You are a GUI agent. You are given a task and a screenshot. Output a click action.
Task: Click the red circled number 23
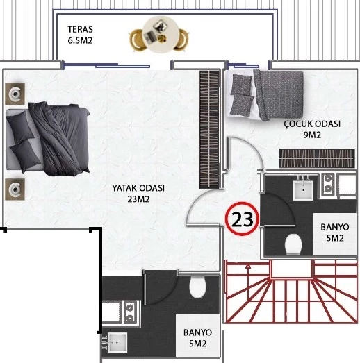coord(242,219)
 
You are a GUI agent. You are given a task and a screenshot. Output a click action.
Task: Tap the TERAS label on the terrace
coord(80,29)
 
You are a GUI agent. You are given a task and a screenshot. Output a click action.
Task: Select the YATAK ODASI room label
coord(138,188)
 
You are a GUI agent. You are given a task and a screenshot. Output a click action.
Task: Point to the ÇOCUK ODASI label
coord(312,124)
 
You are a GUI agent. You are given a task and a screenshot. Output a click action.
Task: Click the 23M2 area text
coord(138,199)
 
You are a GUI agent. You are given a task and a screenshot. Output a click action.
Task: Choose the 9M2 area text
coord(312,135)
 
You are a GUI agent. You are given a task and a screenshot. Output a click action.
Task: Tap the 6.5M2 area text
coord(80,40)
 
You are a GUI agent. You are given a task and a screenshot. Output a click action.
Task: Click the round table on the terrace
coord(161,34)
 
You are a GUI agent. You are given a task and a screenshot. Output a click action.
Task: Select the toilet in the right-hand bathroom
coord(293,244)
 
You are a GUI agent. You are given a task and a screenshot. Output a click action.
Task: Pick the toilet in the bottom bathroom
coord(198,287)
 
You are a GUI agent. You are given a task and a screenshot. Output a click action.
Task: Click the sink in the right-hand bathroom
coord(303,190)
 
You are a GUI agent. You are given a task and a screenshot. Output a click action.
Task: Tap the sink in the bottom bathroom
coord(117,342)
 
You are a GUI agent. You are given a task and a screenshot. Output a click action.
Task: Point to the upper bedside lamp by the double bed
coord(15,94)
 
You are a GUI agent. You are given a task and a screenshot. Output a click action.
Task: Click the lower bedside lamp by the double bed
coord(15,189)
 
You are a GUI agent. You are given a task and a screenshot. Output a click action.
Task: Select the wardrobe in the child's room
coord(317,158)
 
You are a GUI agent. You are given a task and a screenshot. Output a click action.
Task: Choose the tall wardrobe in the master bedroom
coord(209,129)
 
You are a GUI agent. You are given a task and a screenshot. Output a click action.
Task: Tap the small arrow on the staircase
coord(248,267)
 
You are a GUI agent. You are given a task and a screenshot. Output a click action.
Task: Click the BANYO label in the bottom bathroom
coord(197,332)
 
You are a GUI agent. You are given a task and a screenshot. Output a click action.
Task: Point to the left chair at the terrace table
coord(136,40)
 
